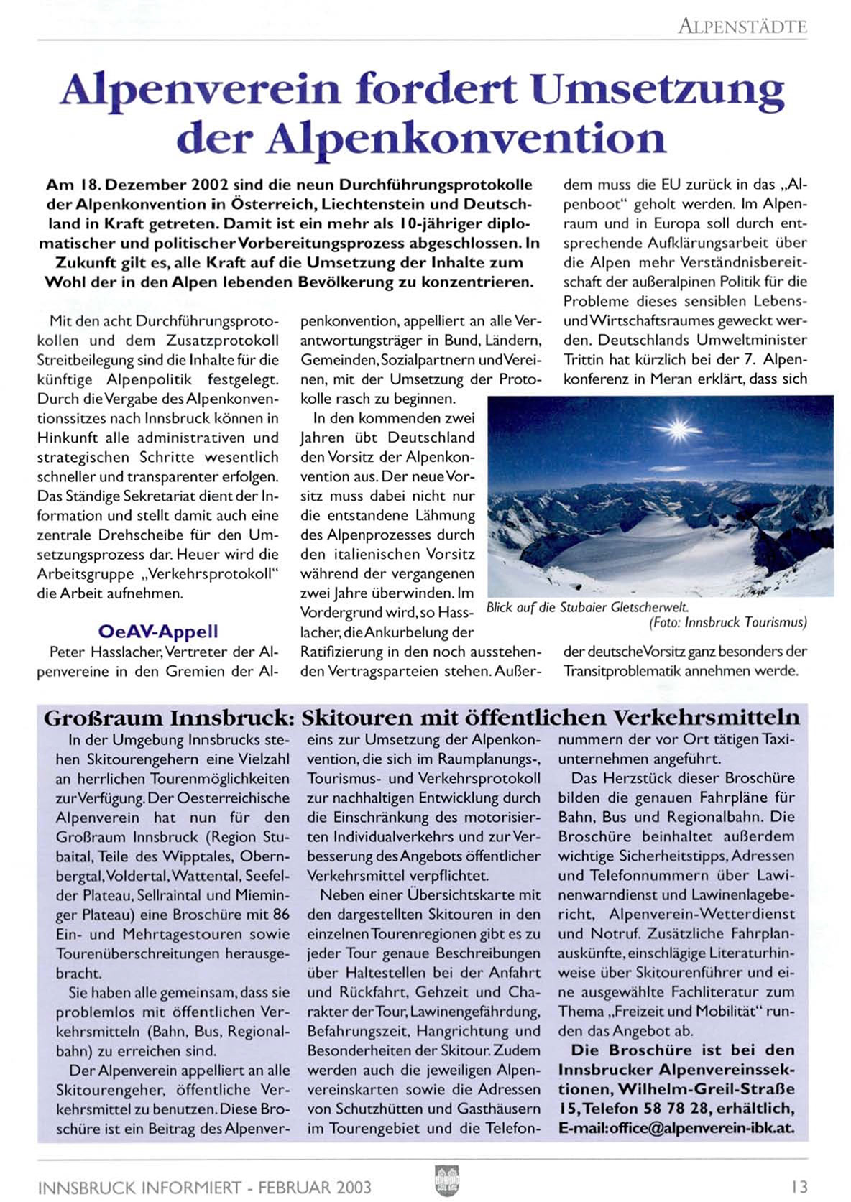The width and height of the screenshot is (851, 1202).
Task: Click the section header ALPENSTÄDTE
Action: (x=742, y=27)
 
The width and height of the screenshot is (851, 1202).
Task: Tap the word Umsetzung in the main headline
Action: (x=661, y=91)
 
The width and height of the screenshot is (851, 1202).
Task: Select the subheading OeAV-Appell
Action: (x=158, y=632)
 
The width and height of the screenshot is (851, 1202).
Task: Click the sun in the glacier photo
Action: (x=677, y=430)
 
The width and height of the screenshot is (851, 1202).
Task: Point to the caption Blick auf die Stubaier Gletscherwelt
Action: (x=587, y=607)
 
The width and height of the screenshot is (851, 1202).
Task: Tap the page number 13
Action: (x=799, y=1185)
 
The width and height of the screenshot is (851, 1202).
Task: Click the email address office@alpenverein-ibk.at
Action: (x=701, y=1127)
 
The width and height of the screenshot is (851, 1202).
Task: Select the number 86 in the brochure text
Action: (x=281, y=915)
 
